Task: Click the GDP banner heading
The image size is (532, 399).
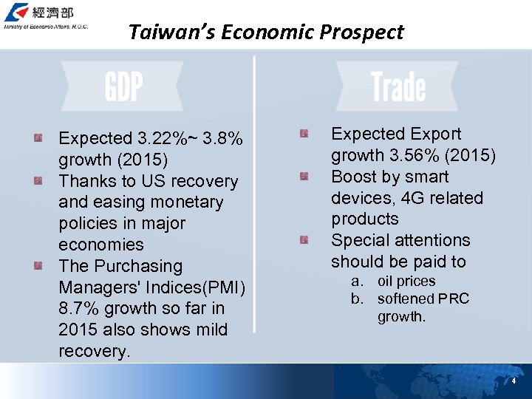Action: (x=123, y=87)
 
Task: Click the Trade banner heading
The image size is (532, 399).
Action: (x=398, y=87)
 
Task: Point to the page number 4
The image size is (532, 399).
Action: (x=514, y=381)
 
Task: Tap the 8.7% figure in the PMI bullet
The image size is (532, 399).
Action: (x=78, y=308)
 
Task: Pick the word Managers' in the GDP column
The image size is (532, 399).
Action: (x=97, y=287)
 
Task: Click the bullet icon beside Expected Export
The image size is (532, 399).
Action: (x=304, y=134)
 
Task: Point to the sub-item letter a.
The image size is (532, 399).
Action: (x=357, y=282)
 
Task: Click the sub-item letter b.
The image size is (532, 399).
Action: (x=357, y=299)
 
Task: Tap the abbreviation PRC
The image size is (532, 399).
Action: (x=453, y=299)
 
